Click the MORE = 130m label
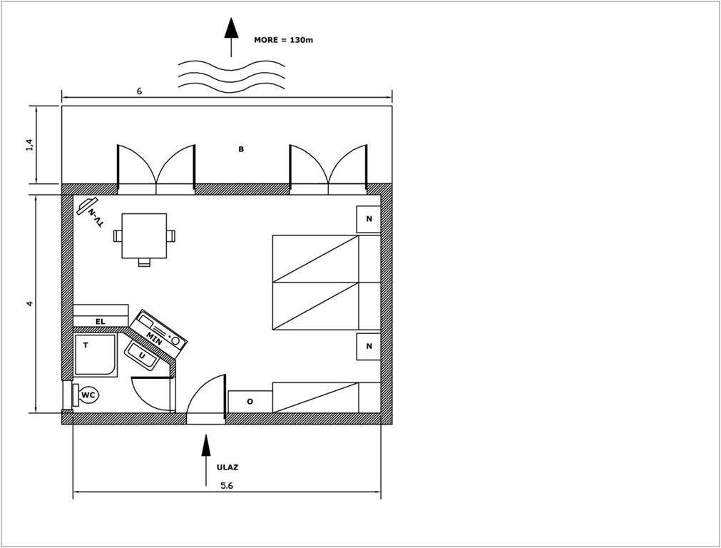[x=283, y=40]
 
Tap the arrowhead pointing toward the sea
[x=231, y=28]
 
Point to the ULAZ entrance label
[x=227, y=467]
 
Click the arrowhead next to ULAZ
[x=205, y=445]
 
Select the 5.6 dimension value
[x=227, y=485]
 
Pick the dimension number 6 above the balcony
[x=139, y=91]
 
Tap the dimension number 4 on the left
[x=30, y=304]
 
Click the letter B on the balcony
[x=241, y=149]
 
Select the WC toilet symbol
[x=86, y=395]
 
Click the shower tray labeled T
[x=95, y=355]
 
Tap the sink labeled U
[x=142, y=355]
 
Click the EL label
[x=101, y=322]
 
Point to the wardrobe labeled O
[x=250, y=402]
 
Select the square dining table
[x=144, y=235]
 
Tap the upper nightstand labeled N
[x=369, y=219]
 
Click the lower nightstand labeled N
[x=369, y=347]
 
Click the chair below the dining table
[x=144, y=263]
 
